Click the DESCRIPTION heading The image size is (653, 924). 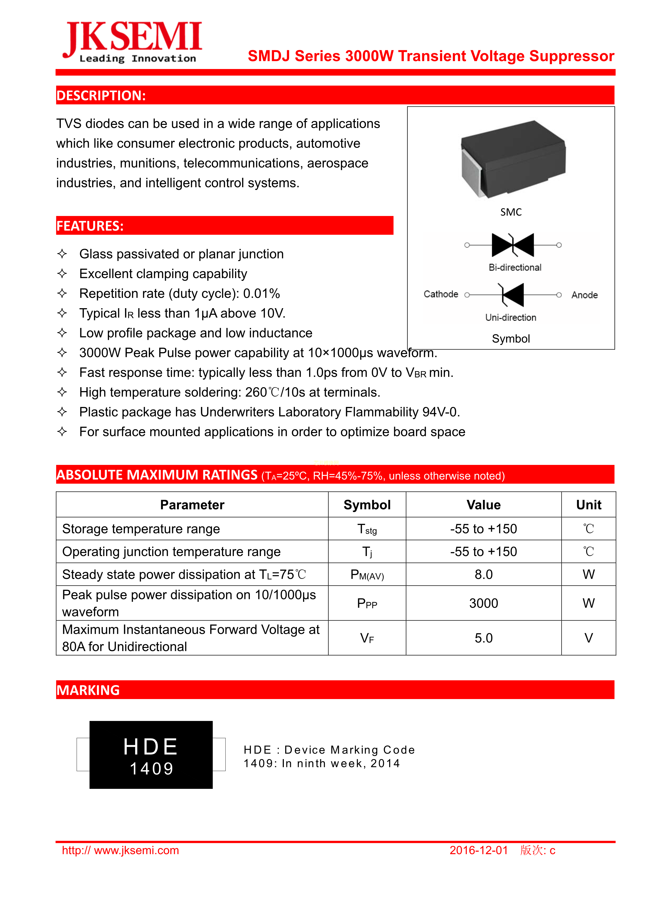coord(101,95)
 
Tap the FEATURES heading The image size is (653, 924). coord(90,226)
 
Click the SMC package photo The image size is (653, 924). coord(513,159)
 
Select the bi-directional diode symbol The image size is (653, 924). coord(513,245)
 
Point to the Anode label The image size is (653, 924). coord(584,295)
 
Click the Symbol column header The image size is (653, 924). coord(367,505)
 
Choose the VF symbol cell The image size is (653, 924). coord(367,638)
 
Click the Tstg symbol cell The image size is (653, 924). coord(367,529)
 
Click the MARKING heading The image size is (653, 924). coord(88,690)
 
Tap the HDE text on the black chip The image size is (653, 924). coord(151,747)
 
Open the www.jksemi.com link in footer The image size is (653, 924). coord(120,850)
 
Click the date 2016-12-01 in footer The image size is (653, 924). coord(478,850)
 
